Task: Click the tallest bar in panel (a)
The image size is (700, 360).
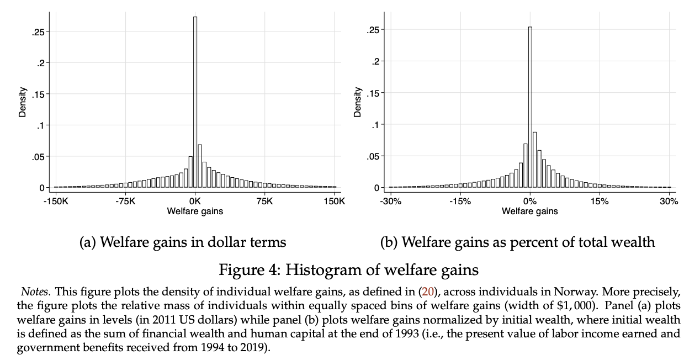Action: tap(195, 102)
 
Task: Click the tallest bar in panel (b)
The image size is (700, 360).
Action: tap(530, 108)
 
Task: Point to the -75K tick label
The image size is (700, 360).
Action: tap(125, 201)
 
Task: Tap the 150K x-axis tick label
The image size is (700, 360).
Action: tap(335, 201)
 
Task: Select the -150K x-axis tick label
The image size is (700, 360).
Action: tap(55, 201)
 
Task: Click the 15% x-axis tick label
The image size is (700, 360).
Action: tap(600, 201)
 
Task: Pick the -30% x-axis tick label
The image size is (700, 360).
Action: tap(390, 201)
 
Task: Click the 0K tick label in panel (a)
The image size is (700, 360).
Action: tap(195, 201)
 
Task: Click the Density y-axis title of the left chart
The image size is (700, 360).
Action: tap(23, 102)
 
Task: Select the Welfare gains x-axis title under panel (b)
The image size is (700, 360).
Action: tap(529, 211)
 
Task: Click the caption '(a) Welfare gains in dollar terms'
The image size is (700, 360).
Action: tap(183, 242)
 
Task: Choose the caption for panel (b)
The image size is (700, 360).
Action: tap(517, 242)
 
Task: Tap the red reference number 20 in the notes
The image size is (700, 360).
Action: tap(428, 291)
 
